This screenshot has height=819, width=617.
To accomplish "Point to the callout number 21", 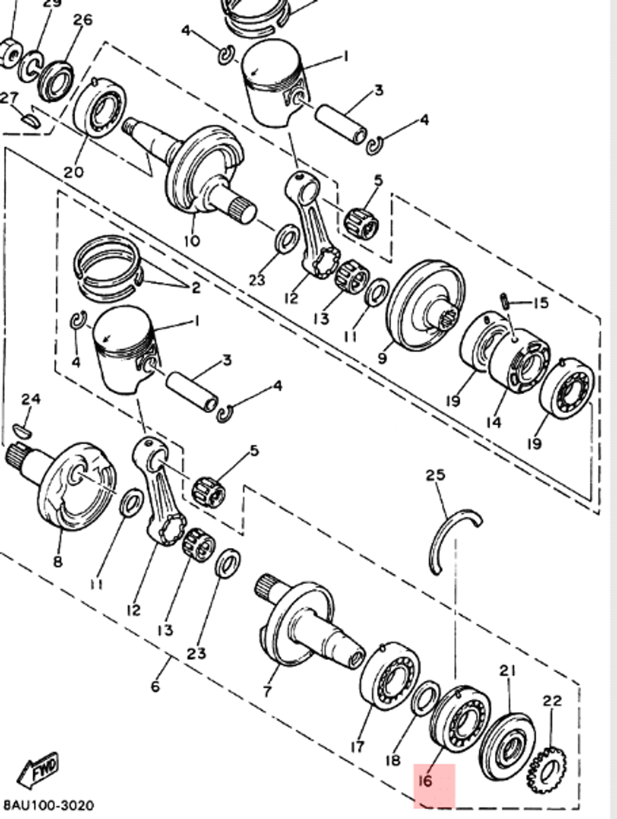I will [x=507, y=670].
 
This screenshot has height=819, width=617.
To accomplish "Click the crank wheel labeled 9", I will [x=426, y=305].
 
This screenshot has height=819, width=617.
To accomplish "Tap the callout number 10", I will [x=192, y=240].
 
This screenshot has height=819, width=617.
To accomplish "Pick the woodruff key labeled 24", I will [x=21, y=430].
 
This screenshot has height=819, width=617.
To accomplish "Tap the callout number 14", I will [x=493, y=422].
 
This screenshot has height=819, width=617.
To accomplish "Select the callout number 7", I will [x=267, y=691].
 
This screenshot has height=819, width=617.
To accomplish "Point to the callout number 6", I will [x=154, y=686].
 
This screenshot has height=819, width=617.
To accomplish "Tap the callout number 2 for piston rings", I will [x=196, y=288].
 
